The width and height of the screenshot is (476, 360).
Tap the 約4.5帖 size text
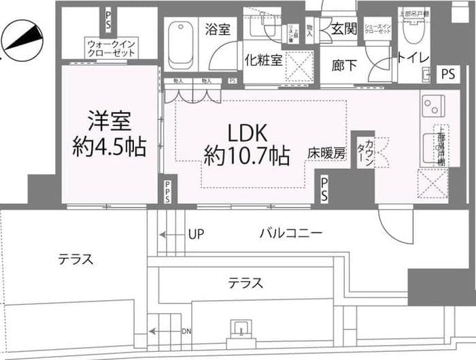pyautogui.click(x=109, y=147)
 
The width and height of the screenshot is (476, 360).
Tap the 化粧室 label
pyautogui.click(x=263, y=60)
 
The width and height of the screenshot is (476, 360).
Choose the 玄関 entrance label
pyautogui.click(x=344, y=29)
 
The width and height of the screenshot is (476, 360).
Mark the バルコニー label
pyautogui.click(x=290, y=233)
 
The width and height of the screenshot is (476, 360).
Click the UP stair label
pyautogui.click(x=196, y=234)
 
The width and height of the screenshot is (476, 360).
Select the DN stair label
pyautogui.click(x=186, y=331)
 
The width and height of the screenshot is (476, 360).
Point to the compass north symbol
pyautogui.click(x=22, y=38)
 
